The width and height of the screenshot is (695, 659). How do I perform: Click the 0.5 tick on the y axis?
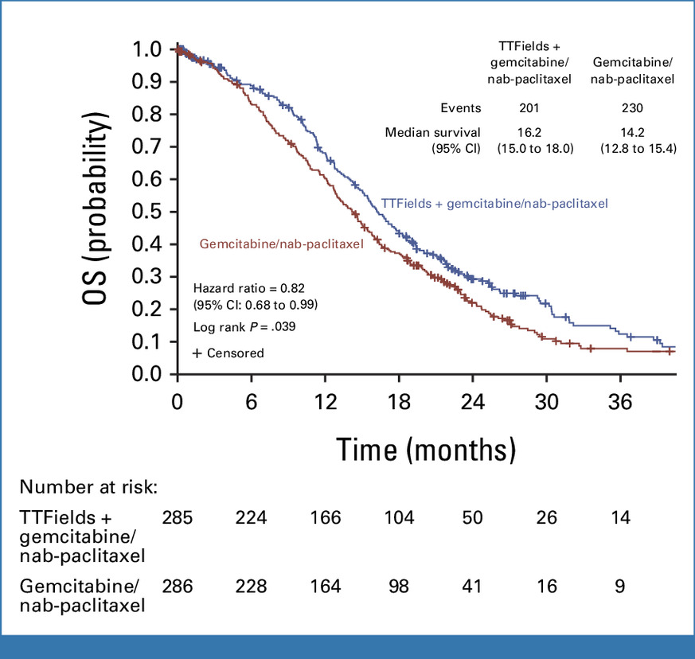152,212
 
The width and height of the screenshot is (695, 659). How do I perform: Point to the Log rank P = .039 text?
242,327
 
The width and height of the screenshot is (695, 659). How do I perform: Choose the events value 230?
634,108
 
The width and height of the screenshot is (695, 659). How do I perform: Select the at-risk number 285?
178,518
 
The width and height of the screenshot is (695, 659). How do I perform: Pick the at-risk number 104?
397,518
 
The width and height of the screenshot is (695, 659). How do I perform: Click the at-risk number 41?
471,587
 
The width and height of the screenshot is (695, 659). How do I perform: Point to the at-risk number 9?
620,587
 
